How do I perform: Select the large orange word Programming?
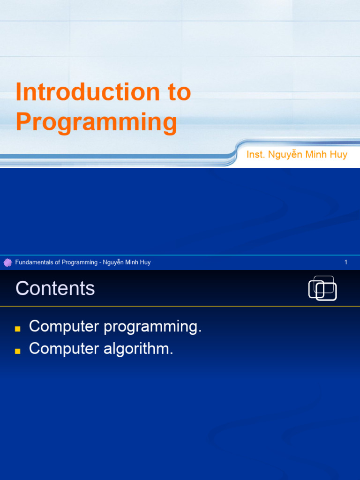tap(96, 122)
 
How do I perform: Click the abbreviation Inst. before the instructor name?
tap(255, 155)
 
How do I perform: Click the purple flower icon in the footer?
tap(7, 262)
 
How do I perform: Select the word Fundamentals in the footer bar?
tap(34, 262)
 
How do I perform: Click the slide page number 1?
tap(346, 262)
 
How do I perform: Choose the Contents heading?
tap(55, 288)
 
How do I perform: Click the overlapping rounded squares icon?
tap(322, 288)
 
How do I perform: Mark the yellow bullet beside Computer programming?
tap(18, 329)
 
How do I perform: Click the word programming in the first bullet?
tap(153, 327)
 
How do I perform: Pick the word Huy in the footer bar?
tap(144, 262)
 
